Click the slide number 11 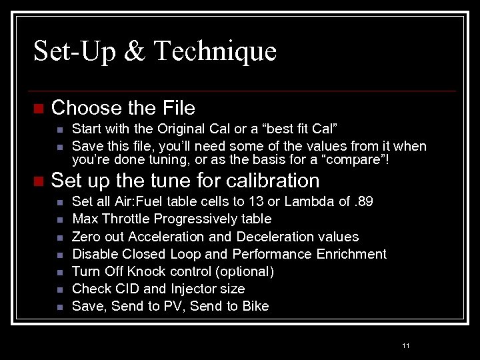pos(406,345)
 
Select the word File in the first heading pos(178,108)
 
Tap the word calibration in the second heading pos(273,181)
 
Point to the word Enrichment pos(353,254)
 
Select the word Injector pos(197,289)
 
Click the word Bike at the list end pos(255,306)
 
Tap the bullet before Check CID pos(60,289)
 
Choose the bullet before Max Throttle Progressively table pos(60,219)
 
